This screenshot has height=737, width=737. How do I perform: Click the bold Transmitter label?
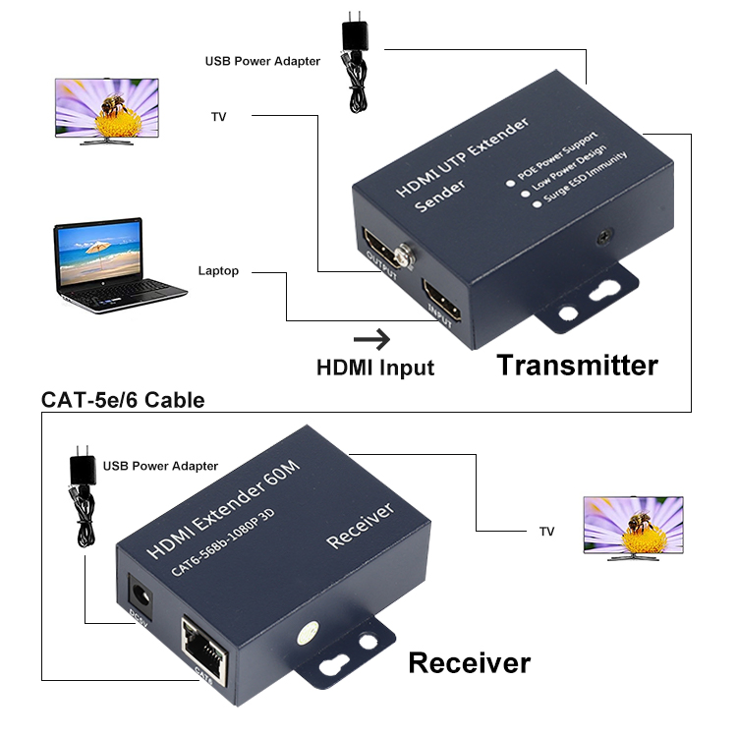coord(577,366)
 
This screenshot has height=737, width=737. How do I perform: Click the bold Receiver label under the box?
coord(469,662)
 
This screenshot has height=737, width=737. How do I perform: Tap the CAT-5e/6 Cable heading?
coord(123,400)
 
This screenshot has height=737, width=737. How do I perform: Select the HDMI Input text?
coord(374,368)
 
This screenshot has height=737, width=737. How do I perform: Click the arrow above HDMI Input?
coord(371,340)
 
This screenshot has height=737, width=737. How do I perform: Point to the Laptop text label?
coord(218,270)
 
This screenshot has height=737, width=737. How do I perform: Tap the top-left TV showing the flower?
coord(105,110)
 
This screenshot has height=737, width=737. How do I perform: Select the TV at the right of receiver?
coord(633,527)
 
